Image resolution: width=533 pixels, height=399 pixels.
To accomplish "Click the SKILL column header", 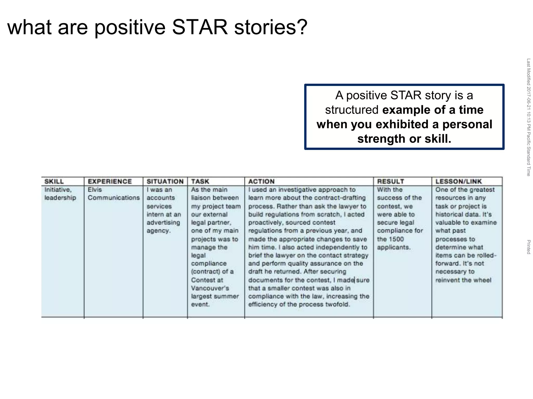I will [54, 181].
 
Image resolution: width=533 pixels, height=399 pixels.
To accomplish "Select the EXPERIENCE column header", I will [110, 181].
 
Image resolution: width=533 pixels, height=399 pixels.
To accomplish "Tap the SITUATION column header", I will [165, 181].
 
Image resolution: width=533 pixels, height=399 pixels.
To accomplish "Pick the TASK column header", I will [200, 181].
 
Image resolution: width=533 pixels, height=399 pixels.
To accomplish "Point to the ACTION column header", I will [261, 181].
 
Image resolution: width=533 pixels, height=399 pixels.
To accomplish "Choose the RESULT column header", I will [390, 181].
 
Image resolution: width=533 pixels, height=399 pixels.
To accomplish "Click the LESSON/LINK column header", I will [459, 181].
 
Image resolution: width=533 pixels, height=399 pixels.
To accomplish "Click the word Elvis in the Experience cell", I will [95, 190].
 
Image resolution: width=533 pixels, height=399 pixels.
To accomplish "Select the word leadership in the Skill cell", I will [60, 198].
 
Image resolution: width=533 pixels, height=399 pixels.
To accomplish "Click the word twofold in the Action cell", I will [337, 304].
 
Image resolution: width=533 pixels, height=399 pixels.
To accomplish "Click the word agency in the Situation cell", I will [158, 231].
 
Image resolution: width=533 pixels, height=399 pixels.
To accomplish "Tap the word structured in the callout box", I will [352, 110].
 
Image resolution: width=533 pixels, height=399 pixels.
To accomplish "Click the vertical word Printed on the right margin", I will [528, 247].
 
